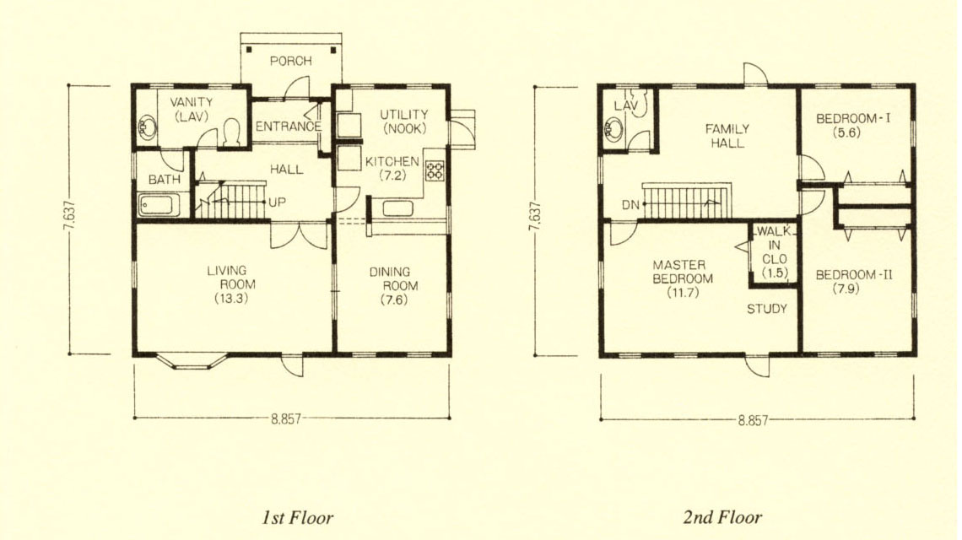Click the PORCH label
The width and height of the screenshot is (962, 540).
[291, 61]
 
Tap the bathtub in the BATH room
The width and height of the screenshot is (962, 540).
[159, 205]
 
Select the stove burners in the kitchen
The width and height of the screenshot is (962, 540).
[435, 170]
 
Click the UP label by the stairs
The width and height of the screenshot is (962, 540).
[278, 202]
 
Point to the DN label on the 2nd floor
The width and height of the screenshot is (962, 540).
[630, 205]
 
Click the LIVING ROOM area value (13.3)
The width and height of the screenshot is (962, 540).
[231, 299]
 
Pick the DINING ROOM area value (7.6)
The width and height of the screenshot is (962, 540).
[393, 300]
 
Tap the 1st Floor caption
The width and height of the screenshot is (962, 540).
[298, 517]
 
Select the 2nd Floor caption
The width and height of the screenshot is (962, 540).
[722, 517]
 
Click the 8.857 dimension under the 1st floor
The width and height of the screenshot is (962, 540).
[287, 419]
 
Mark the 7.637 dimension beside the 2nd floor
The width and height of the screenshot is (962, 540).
[534, 217]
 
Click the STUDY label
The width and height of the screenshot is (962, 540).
[767, 309]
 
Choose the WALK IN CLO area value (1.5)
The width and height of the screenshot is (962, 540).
[775, 273]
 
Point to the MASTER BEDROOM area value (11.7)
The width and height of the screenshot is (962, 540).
[683, 293]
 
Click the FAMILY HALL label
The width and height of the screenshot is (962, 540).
[727, 136]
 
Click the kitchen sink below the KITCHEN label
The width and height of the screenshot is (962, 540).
[397, 208]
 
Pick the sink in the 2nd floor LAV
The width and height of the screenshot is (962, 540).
[613, 129]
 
